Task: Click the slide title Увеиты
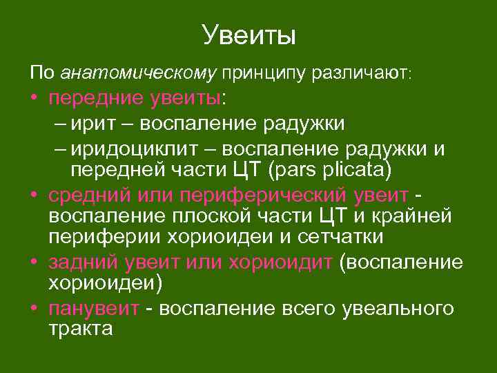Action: pyautogui.click(x=248, y=35)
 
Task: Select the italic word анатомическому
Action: pyautogui.click(x=139, y=72)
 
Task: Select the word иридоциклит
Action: pyautogui.click(x=142, y=150)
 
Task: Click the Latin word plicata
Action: pyautogui.click(x=354, y=170)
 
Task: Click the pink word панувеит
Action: pyautogui.click(x=94, y=309)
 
